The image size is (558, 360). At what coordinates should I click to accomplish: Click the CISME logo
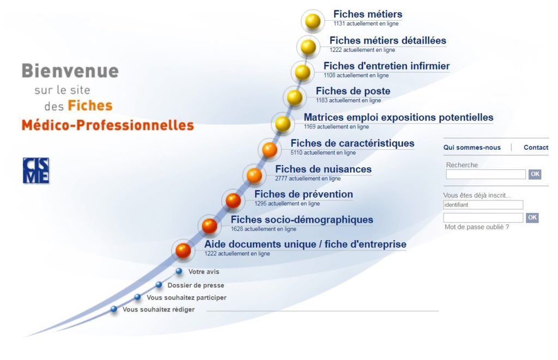[36, 170]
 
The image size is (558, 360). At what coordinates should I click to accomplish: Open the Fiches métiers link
[368, 14]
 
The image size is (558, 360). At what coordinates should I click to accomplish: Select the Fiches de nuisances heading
[323, 169]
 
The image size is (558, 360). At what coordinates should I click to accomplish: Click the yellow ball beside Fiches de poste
[295, 97]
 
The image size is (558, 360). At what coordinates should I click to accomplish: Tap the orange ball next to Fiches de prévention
[233, 200]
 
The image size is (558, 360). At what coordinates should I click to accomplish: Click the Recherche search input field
[486, 174]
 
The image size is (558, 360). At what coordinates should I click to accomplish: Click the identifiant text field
[483, 205]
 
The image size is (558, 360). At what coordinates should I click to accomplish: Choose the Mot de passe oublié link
[476, 227]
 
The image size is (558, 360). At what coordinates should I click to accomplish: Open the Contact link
[536, 147]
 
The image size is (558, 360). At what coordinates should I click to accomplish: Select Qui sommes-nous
[472, 147]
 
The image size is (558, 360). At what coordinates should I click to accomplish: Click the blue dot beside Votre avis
[179, 271]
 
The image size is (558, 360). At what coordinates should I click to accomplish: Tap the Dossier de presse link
[196, 285]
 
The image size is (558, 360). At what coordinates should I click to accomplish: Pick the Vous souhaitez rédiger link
[159, 309]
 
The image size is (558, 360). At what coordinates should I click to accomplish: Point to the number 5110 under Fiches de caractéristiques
[296, 152]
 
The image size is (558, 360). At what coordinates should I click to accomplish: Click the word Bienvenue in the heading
[70, 71]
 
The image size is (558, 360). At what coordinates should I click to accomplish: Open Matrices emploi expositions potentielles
[398, 118]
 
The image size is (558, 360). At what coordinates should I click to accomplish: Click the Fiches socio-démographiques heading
[302, 219]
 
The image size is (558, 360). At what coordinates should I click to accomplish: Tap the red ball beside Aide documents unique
[183, 251]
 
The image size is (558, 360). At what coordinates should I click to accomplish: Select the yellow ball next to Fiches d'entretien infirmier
[302, 72]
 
